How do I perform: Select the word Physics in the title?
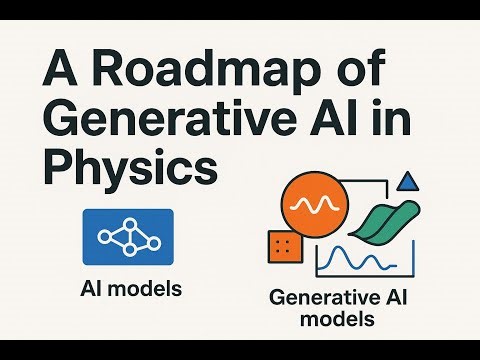coord(130,167)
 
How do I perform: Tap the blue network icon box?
coord(128,237)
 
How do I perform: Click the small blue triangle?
coord(406,182)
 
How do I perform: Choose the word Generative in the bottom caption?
coord(315,299)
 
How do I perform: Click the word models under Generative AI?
coord(340,320)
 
